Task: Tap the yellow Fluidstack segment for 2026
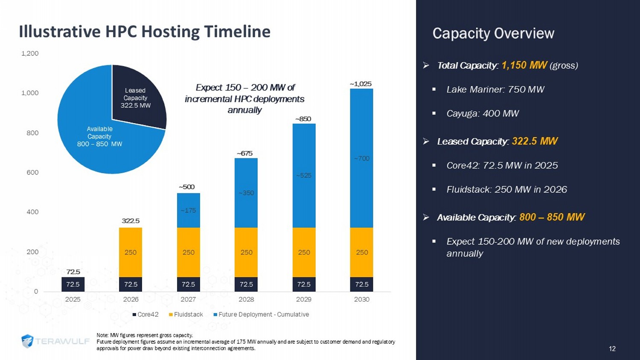(x=131, y=252)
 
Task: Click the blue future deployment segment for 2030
(x=361, y=158)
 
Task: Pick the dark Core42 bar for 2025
(x=73, y=284)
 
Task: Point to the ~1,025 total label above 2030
(x=361, y=84)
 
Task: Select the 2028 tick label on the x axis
(x=246, y=299)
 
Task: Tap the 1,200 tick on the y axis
(x=30, y=53)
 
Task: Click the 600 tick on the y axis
(x=32, y=172)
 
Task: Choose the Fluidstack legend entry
(x=186, y=314)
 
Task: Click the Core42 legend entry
(x=145, y=314)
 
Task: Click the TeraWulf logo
(x=55, y=341)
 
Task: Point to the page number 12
(x=612, y=349)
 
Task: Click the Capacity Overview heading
(x=493, y=33)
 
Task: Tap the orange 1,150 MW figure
(x=524, y=65)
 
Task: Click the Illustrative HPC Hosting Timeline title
(x=145, y=32)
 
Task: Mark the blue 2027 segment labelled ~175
(x=188, y=210)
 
